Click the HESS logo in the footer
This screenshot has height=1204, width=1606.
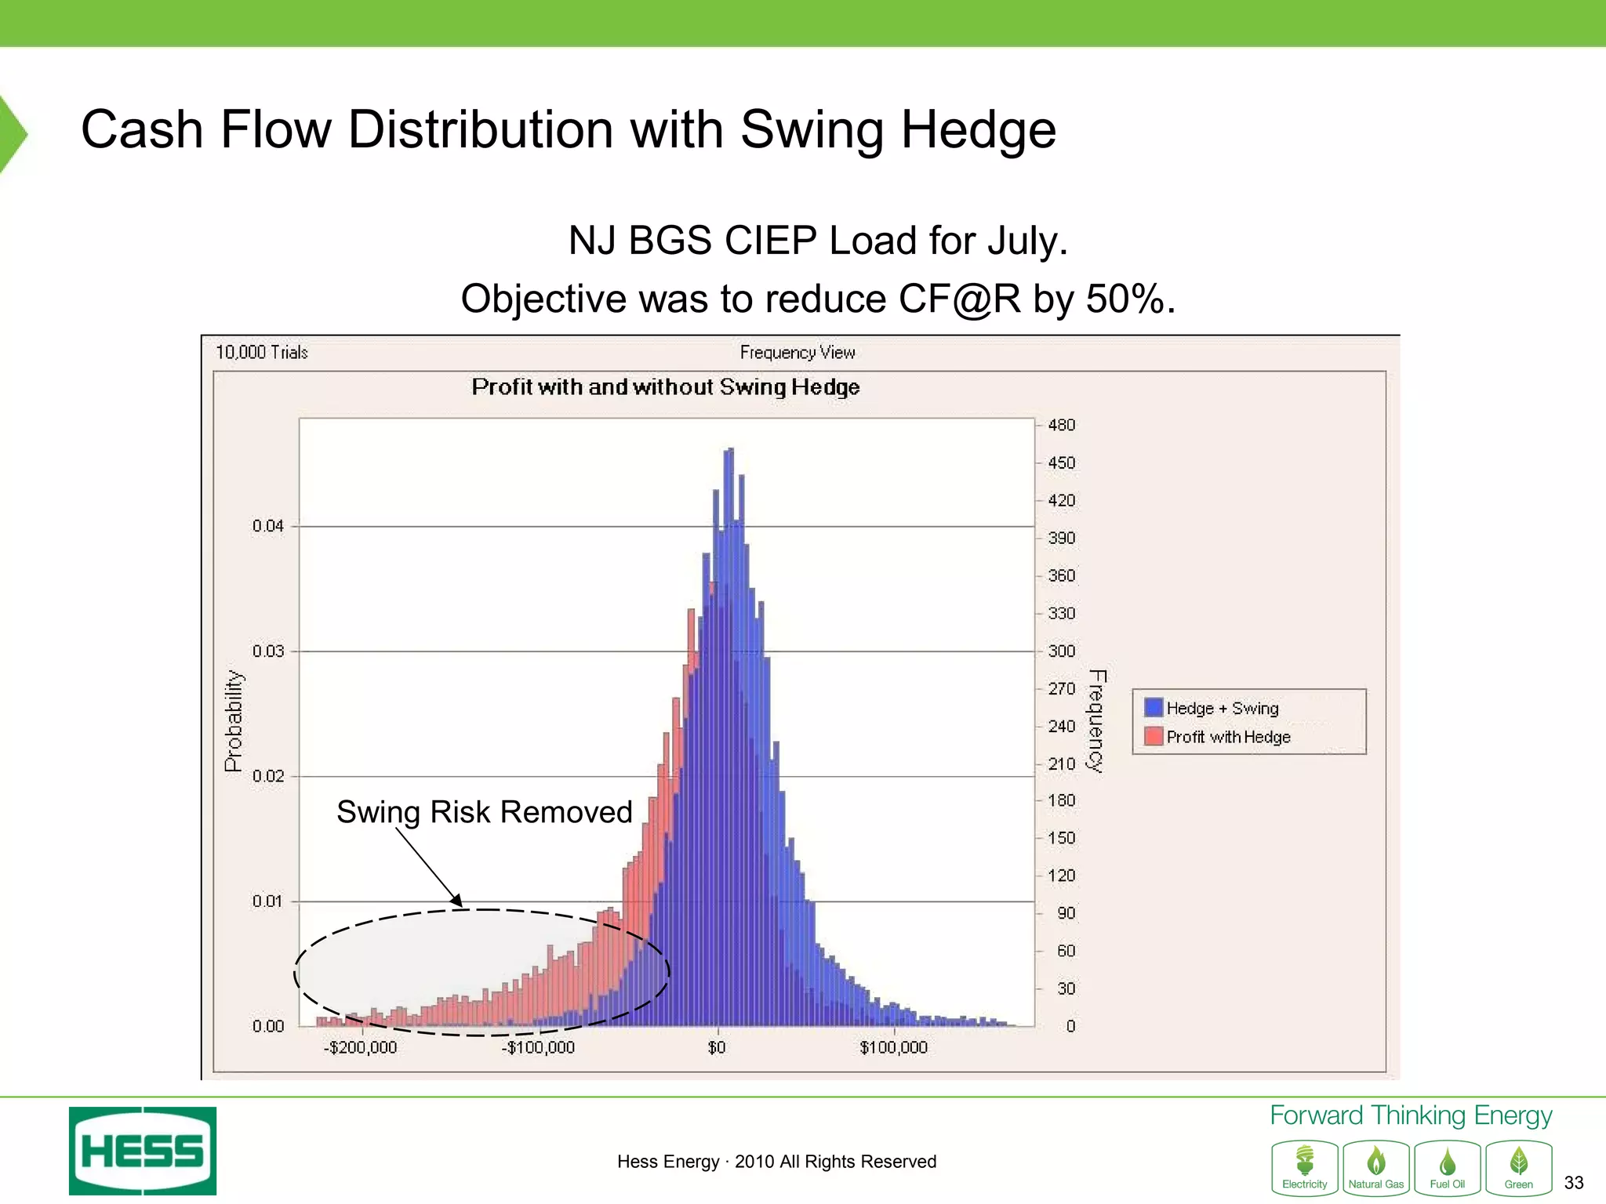coord(142,1150)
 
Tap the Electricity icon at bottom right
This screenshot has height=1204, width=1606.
coord(1304,1167)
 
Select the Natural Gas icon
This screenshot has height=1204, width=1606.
coord(1375,1167)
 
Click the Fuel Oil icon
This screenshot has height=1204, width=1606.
coord(1447,1167)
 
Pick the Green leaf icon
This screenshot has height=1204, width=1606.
coord(1518,1167)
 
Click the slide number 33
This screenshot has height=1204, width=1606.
coord(1573,1182)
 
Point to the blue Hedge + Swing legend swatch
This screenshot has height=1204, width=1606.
coord(1153,707)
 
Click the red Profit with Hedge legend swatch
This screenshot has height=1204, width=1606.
coord(1153,736)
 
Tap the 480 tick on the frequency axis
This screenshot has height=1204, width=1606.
coord(1061,425)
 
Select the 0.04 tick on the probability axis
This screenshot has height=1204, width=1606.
coord(267,526)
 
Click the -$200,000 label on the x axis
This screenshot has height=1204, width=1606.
coord(361,1047)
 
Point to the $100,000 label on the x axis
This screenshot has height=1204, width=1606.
coord(893,1047)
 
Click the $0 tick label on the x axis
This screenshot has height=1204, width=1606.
coord(717,1047)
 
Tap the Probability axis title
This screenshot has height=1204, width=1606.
coord(234,720)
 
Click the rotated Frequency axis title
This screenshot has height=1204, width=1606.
coord(1095,720)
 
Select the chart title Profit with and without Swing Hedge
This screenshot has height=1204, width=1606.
coord(665,387)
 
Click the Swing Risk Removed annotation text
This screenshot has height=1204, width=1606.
coord(484,812)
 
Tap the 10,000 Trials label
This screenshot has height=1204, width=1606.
coord(261,352)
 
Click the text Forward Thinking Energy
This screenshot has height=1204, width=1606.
coord(1410,1115)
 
